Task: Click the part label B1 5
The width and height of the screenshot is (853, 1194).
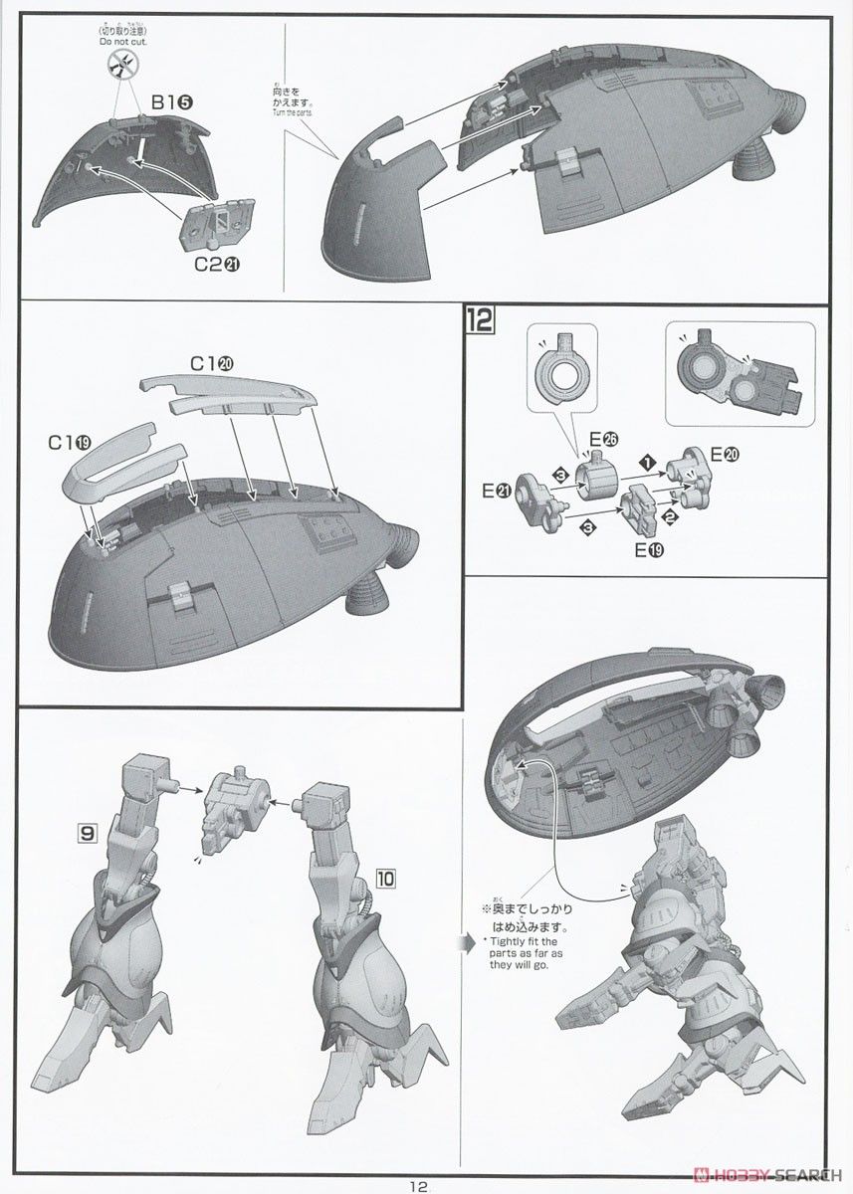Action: [172, 102]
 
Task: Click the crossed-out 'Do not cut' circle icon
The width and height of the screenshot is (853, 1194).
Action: [120, 65]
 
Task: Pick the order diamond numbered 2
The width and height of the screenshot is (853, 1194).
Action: [670, 516]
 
